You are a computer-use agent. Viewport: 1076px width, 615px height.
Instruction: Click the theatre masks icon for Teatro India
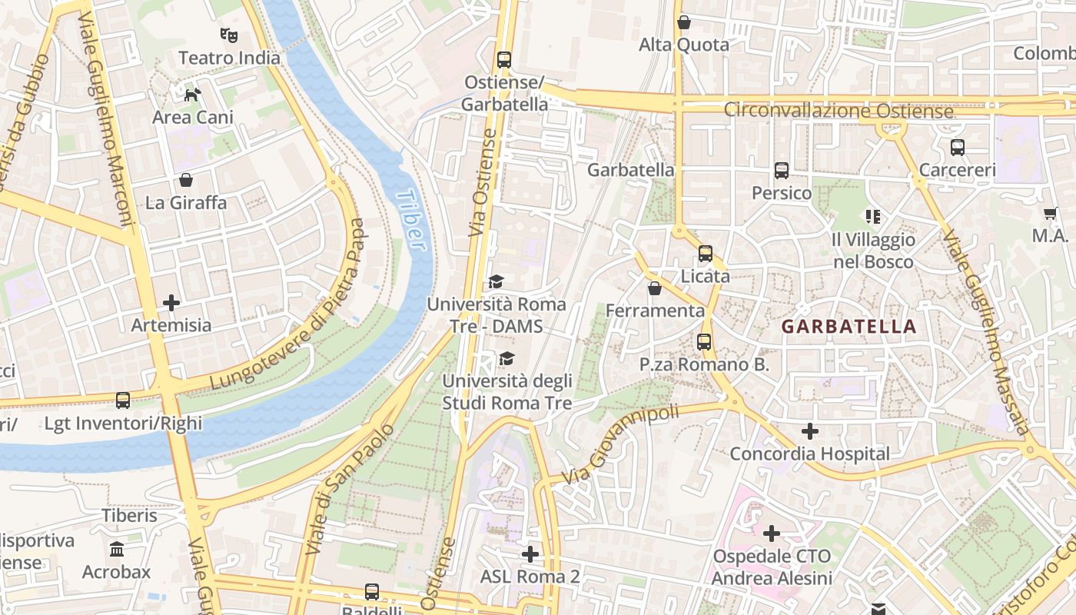(x=228, y=35)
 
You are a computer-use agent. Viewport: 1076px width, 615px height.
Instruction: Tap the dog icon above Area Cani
(x=192, y=95)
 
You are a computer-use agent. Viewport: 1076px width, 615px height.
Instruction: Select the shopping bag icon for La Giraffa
(x=185, y=180)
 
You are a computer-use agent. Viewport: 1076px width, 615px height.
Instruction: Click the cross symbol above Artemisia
(x=171, y=303)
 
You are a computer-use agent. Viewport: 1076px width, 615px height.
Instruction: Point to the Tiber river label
(x=411, y=220)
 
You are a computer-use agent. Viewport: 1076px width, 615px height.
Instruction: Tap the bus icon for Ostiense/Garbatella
(x=504, y=59)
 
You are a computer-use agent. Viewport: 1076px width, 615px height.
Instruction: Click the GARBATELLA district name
(x=849, y=326)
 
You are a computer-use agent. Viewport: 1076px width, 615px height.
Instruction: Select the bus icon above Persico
(x=781, y=170)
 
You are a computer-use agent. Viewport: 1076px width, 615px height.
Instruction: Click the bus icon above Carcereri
(x=957, y=147)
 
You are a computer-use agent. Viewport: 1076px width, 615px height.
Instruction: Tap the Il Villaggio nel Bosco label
(x=874, y=251)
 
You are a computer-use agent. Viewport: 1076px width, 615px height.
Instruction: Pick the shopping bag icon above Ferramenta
(x=654, y=288)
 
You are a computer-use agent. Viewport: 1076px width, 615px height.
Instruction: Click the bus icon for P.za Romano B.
(x=703, y=342)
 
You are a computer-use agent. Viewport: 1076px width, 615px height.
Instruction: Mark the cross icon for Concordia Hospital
(x=809, y=431)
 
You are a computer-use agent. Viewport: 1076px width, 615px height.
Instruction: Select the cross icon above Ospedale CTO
(x=772, y=533)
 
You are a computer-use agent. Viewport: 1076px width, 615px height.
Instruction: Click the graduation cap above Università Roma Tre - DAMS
(x=496, y=282)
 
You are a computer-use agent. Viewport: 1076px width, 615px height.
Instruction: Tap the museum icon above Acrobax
(x=117, y=550)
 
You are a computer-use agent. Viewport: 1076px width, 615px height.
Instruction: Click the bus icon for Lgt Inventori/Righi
(x=123, y=401)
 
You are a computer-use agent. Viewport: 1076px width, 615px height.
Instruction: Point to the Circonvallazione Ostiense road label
(x=838, y=111)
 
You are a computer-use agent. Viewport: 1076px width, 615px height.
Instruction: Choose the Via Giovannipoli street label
(x=621, y=446)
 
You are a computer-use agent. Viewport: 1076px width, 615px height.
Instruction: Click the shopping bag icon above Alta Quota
(x=683, y=22)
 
